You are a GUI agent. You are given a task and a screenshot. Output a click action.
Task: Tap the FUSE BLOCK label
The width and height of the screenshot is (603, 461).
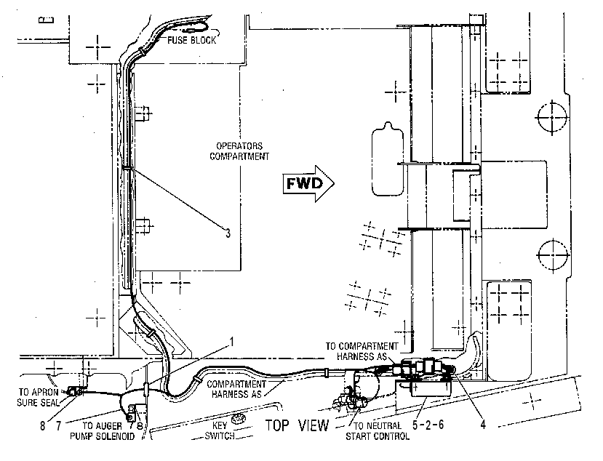coord(191,40)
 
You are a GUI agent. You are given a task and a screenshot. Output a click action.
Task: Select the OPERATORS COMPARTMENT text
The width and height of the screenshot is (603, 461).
coord(239,151)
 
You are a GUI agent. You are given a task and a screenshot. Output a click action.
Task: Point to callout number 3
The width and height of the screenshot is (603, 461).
coord(228,233)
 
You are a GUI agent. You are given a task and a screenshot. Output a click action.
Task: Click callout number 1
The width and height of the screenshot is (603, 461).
coord(231,342)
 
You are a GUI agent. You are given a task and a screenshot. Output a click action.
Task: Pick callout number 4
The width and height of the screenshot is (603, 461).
coord(483,424)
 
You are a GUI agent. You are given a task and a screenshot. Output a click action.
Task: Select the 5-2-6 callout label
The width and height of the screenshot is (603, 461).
coord(428,425)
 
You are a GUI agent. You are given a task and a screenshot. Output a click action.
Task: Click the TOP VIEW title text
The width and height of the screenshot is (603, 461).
coord(297,425)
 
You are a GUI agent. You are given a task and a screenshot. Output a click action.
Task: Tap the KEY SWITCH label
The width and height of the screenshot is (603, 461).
coord(220,430)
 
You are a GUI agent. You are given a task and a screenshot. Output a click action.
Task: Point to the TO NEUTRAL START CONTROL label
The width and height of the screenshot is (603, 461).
coord(378,431)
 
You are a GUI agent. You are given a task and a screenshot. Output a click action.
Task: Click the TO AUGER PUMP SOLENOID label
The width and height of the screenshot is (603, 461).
coord(103,431)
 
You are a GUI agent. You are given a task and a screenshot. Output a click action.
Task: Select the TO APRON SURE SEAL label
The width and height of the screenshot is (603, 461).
coord(39,397)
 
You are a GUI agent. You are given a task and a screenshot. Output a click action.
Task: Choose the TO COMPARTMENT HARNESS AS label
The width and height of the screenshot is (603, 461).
coord(362,351)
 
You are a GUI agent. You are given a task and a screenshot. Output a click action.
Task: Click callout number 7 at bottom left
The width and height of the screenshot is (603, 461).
coord(59,425)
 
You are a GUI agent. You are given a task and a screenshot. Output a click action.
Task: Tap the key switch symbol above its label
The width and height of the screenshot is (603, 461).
coord(239,418)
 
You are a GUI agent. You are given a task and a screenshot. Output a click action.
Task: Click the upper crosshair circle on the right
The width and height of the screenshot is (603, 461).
coord(552,117)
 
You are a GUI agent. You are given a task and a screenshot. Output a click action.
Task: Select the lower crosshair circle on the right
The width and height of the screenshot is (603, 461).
coord(553,255)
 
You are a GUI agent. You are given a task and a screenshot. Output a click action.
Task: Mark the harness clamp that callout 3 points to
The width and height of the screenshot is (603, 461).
coord(127,168)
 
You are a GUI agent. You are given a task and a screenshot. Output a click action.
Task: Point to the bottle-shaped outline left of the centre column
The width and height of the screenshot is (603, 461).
coord(388,159)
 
